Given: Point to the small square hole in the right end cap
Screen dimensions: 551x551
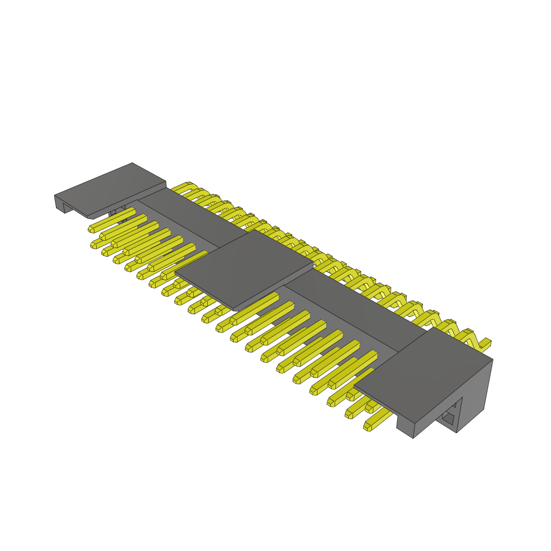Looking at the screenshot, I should (448, 416).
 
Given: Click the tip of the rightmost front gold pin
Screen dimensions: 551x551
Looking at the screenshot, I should (369, 426).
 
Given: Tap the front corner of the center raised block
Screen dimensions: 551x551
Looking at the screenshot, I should (235, 310).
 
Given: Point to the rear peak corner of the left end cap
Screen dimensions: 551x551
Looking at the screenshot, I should (132, 163).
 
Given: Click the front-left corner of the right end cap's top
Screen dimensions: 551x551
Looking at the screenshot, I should (355, 386).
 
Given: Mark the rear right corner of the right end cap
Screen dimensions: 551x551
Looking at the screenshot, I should (492, 360).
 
